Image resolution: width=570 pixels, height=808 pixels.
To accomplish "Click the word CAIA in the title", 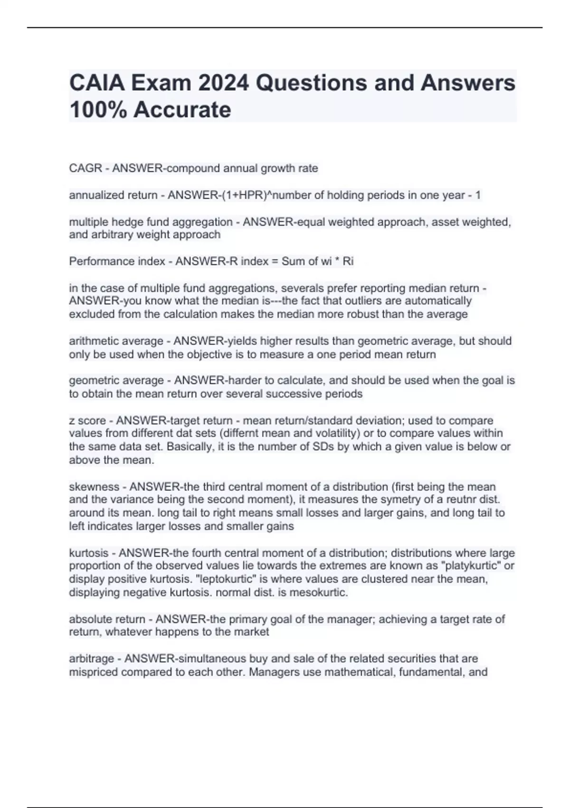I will [96, 83].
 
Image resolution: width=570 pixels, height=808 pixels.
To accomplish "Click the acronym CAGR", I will [85, 168].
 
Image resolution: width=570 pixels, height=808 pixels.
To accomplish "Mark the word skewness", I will [94, 487].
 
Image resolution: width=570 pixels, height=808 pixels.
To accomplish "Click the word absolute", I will [90, 619].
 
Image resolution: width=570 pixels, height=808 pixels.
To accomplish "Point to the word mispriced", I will [94, 672].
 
